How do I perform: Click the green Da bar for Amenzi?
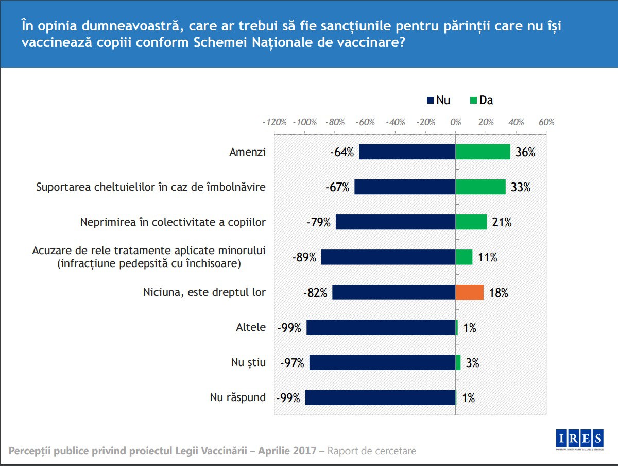click(483, 152)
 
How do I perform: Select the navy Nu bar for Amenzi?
click(407, 152)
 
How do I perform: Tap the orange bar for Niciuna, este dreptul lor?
click(469, 292)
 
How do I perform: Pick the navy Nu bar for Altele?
click(381, 327)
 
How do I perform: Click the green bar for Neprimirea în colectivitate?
click(471, 222)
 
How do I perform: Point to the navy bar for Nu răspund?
click(380, 397)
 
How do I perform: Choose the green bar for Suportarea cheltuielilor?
click(480, 187)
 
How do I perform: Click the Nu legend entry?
click(438, 101)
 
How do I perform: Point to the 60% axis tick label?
click(546, 123)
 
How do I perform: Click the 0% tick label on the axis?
click(455, 123)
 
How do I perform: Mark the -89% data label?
click(304, 257)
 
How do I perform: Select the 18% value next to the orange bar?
click(497, 293)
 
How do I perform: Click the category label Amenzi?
click(247, 152)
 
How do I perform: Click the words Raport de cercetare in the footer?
click(371, 451)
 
